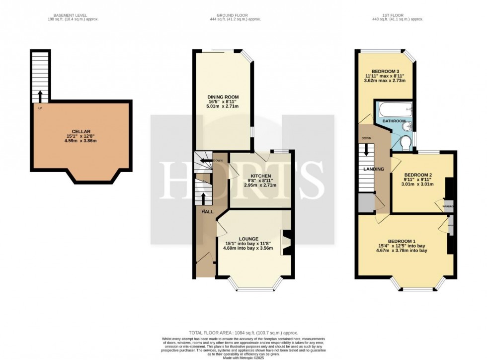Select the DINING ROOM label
tap(223, 97)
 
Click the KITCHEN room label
tap(260, 176)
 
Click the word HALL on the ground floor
tap(207, 212)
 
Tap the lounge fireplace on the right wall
tap(287, 243)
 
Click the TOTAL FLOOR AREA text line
tap(243, 332)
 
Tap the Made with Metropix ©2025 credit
tap(243, 357)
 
